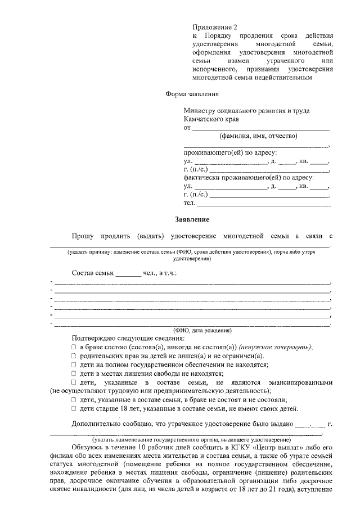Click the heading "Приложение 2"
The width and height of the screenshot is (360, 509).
[211, 27]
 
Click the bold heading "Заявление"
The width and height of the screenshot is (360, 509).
[192, 219]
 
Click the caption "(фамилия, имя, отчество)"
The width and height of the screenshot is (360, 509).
[258, 136]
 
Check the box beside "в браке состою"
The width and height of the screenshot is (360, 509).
[74, 348]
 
